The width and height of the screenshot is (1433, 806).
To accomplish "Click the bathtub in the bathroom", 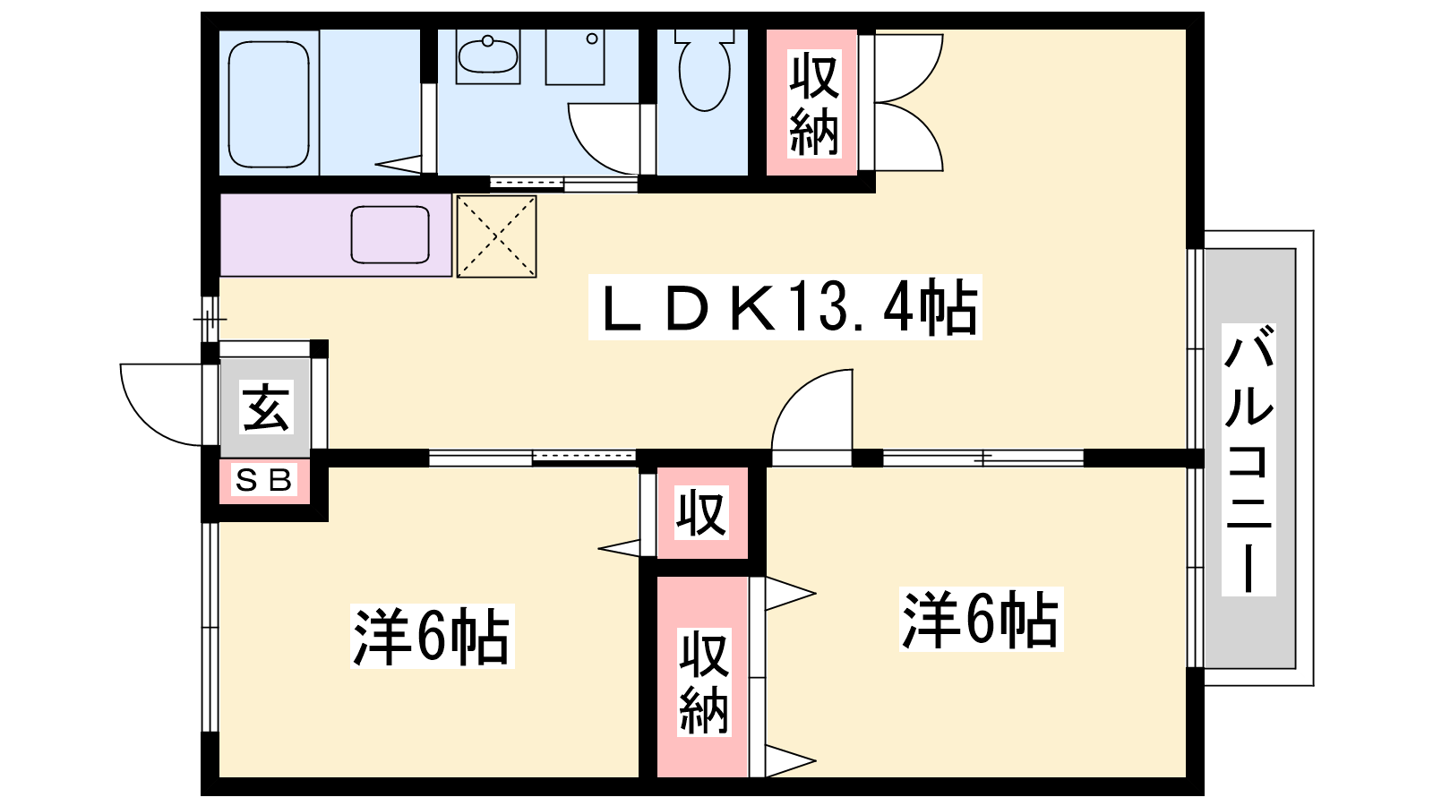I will pos(269,104).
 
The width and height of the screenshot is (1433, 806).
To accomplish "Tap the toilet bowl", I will pos(705,75).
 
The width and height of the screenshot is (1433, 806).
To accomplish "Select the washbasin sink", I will pos(487,56).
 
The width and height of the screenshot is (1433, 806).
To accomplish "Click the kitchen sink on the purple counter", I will pos(390,235).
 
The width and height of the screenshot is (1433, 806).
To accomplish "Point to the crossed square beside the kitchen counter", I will pos(496,236).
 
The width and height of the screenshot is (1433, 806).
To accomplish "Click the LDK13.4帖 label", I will pos(785,307).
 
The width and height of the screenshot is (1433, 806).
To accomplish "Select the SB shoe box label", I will pos(264,482).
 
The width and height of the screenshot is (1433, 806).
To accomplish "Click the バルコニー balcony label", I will pos(1249,460).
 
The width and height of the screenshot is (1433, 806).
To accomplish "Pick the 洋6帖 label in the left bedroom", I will pos(432,637).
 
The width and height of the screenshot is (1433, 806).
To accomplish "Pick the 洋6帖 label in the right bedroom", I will pos(980,619).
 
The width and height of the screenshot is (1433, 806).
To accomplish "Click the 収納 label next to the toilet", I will pos(813,103).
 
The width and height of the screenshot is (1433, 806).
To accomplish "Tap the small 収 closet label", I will pos(701,513).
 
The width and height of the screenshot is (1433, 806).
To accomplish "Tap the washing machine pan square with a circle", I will pos(575,57).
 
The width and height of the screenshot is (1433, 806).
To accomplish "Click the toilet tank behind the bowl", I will pos(705,37).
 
